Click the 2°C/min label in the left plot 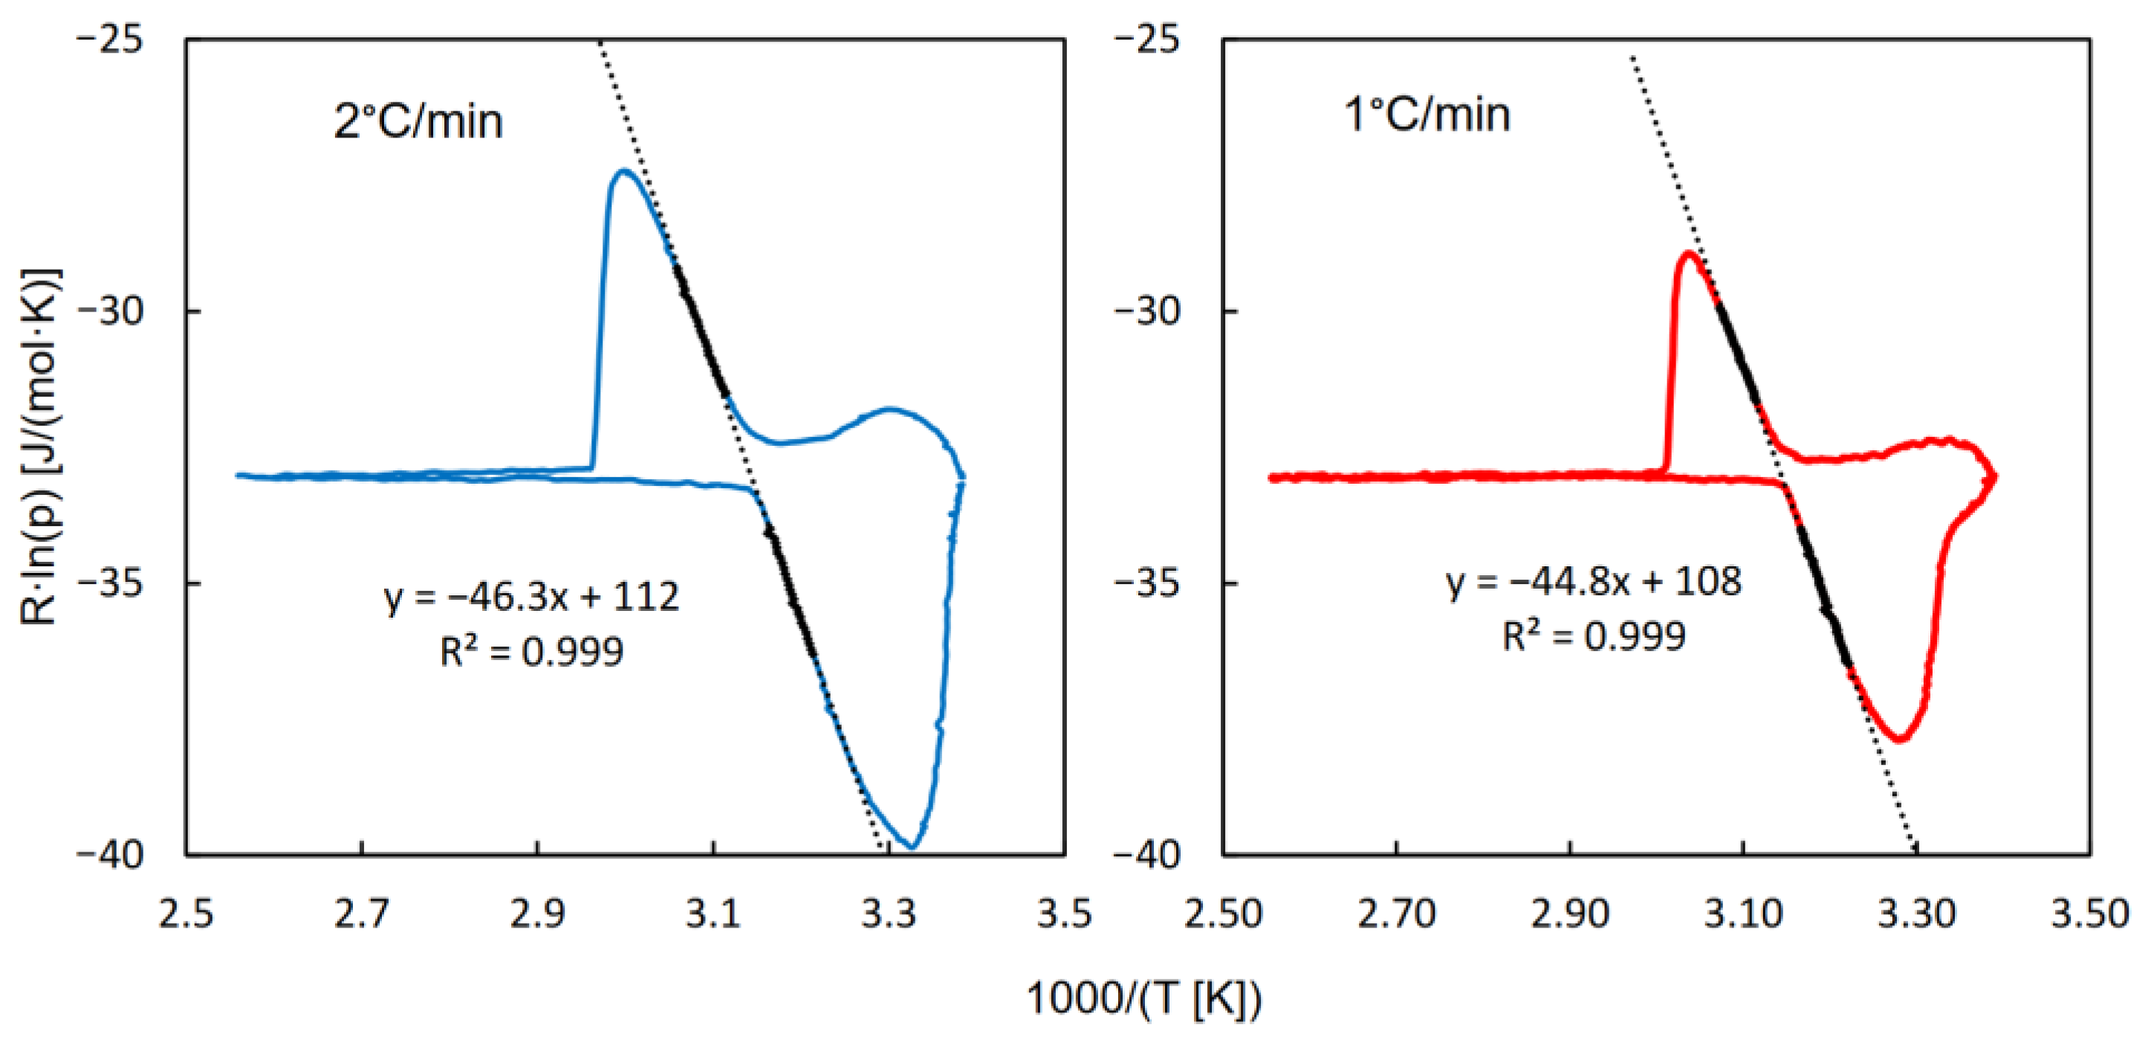(x=418, y=122)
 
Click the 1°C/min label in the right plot (x=1427, y=114)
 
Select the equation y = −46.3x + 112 (x=531, y=597)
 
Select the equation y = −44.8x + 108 (x=1594, y=581)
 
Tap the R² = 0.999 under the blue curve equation (x=531, y=651)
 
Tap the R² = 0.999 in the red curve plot (x=1594, y=636)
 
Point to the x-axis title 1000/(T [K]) (x=1143, y=997)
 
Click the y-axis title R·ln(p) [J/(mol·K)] (x=40, y=446)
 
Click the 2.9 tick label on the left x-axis (x=537, y=914)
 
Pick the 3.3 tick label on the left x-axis (x=889, y=914)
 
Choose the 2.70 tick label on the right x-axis (x=1396, y=914)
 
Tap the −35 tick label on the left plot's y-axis (x=111, y=583)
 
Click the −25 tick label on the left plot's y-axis (x=111, y=39)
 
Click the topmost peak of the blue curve (x=623, y=171)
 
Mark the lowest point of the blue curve (x=913, y=847)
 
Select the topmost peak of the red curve (x=1690, y=253)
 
